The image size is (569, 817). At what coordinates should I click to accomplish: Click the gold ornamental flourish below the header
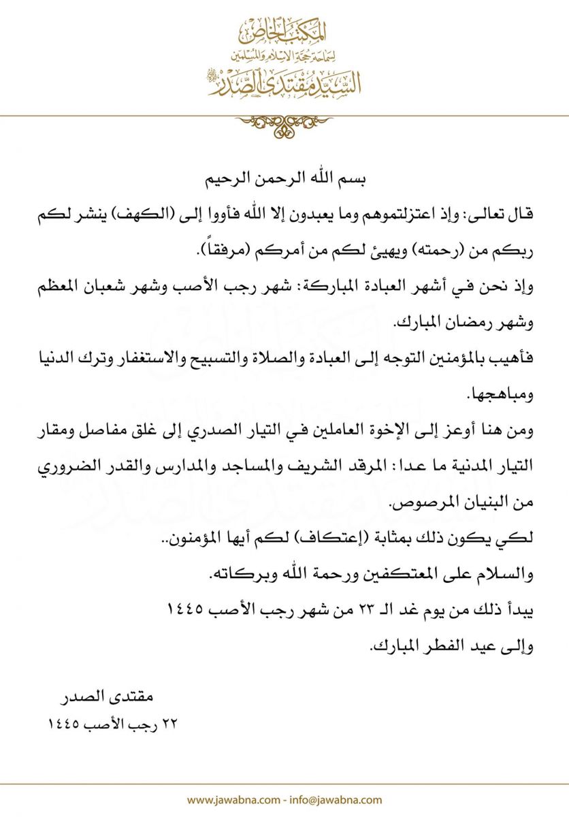(284, 125)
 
